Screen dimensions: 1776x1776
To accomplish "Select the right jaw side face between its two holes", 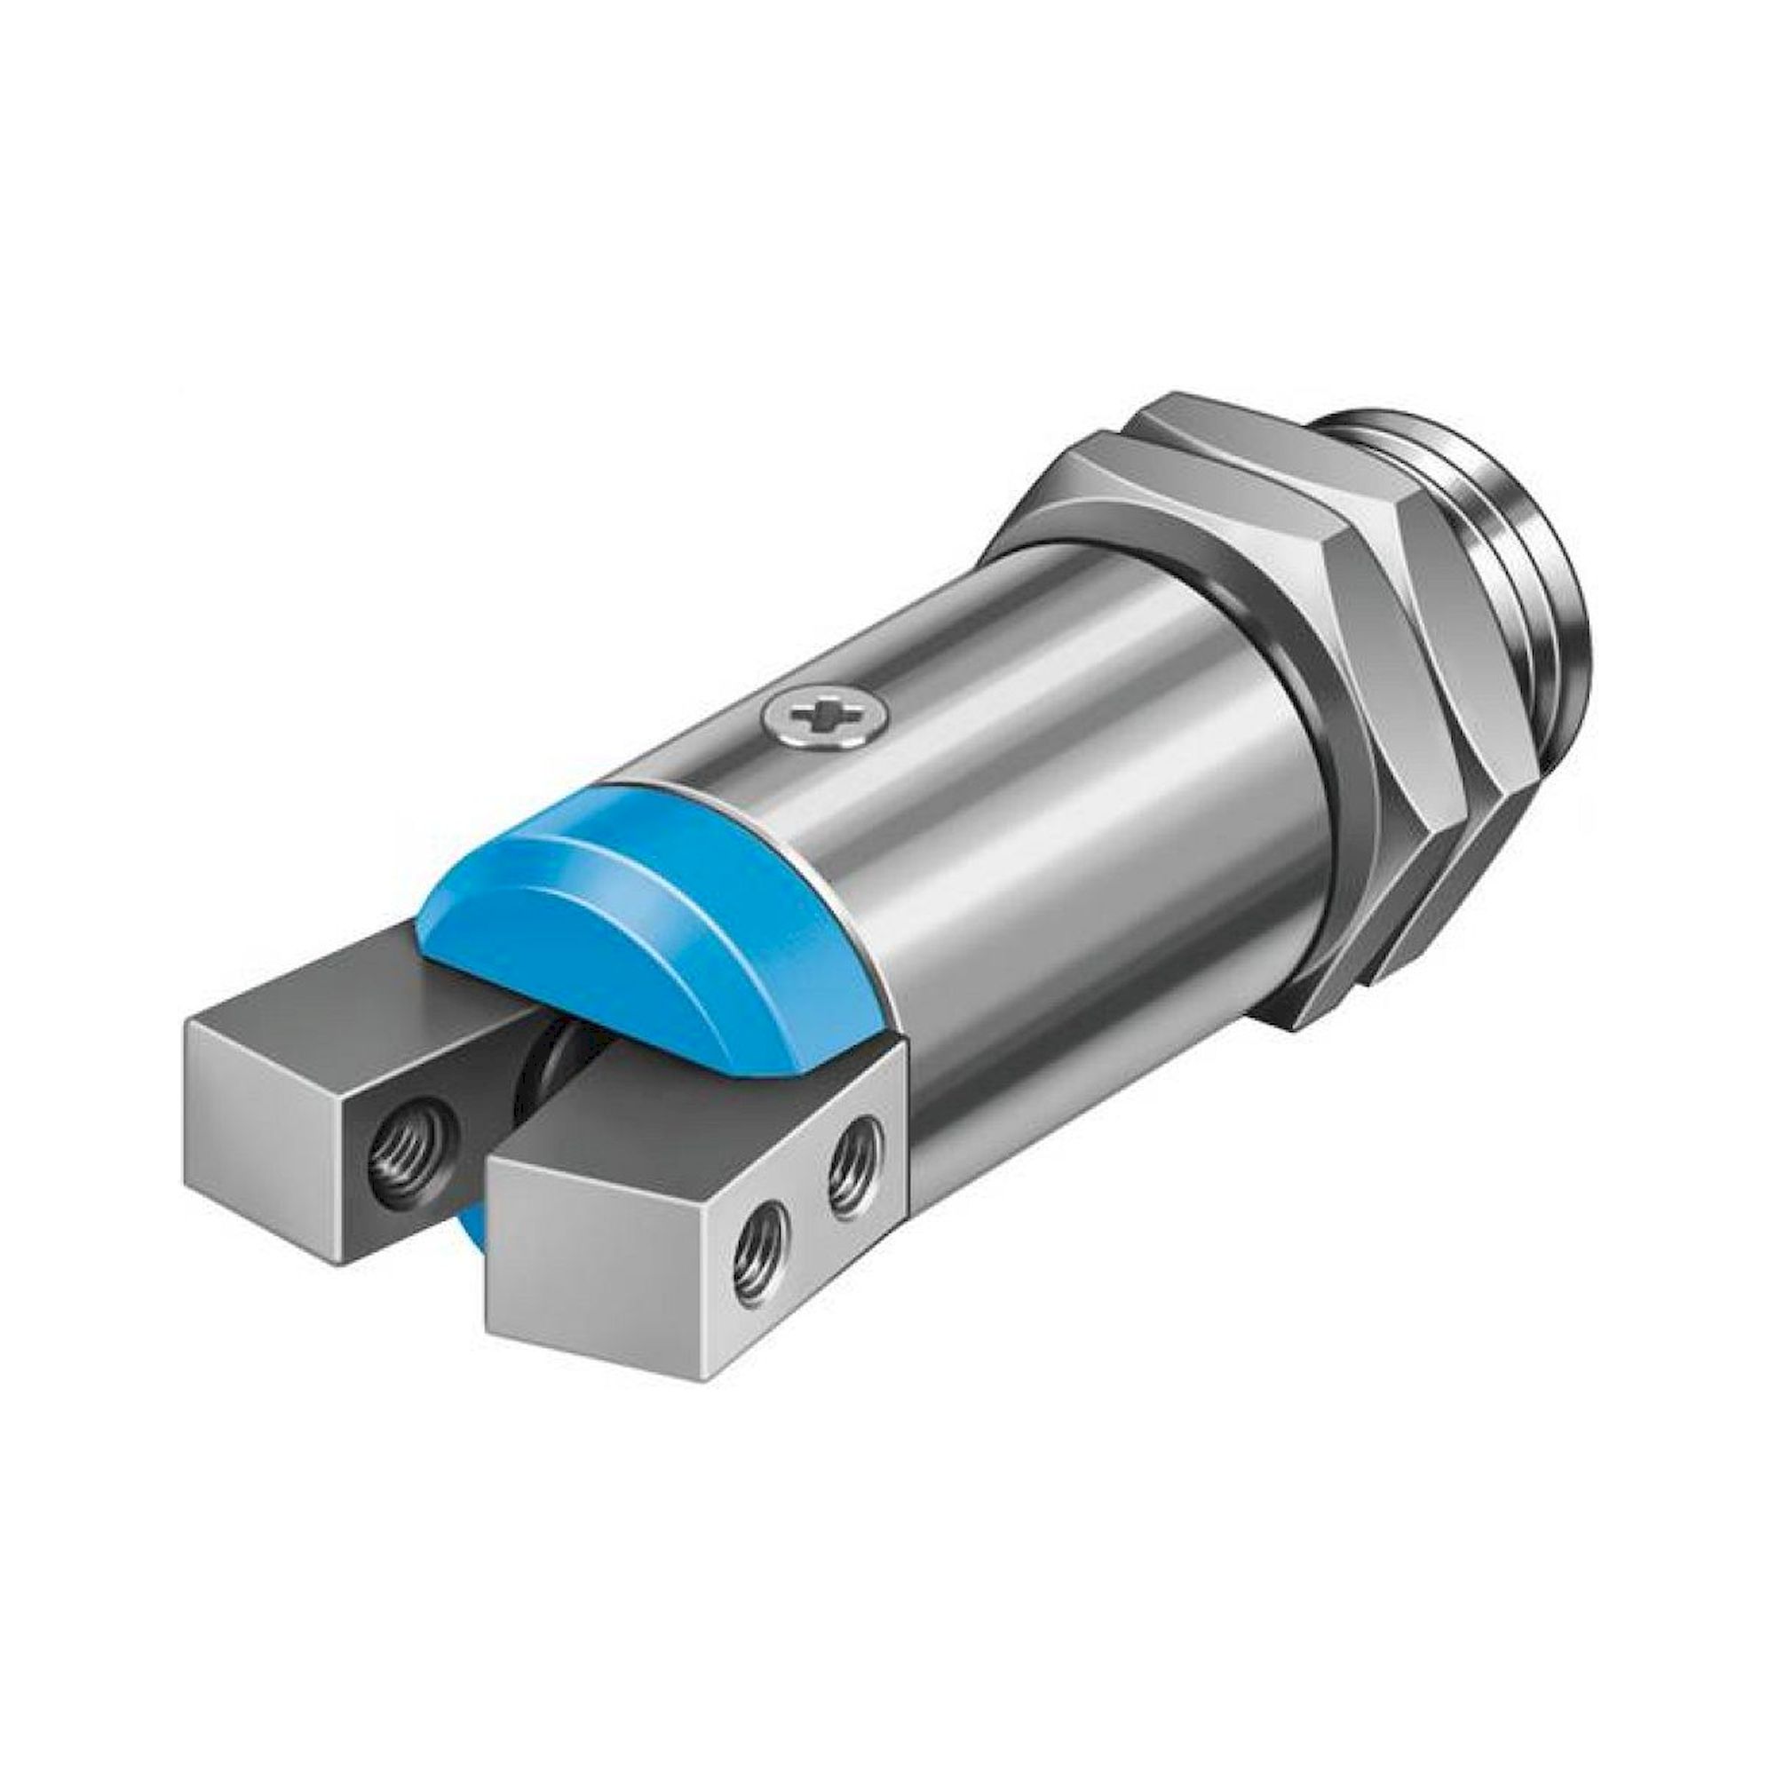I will [800, 1213].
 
